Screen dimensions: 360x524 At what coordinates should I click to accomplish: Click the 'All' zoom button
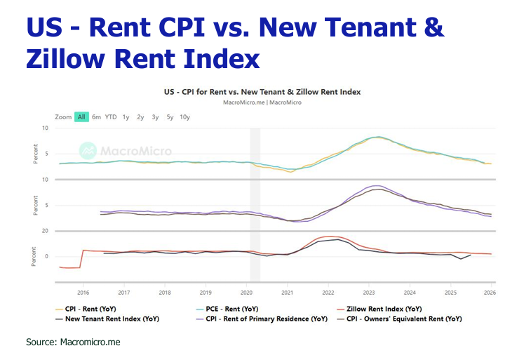coord(82,116)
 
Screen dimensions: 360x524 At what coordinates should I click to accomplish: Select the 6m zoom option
coord(96,116)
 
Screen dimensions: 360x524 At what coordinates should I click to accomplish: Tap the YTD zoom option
coord(111,116)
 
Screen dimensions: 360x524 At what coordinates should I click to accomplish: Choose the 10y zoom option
coord(184,116)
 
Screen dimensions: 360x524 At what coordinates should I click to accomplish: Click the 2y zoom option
coord(140,116)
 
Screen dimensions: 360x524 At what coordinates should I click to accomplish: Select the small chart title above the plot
coord(262,92)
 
